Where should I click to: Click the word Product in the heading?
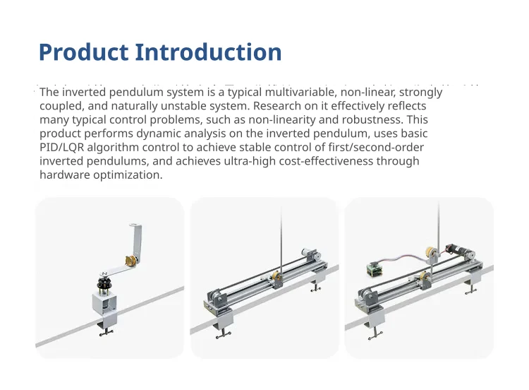coord(84,52)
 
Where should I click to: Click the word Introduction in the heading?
coord(208,52)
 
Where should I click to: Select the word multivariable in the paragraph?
coord(300,92)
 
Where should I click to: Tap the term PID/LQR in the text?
coord(62,148)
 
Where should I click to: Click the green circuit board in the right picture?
coord(375,269)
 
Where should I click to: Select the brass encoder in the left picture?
coord(131,261)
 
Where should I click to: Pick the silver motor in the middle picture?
coord(309,254)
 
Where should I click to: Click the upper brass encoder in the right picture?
coord(430,252)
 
